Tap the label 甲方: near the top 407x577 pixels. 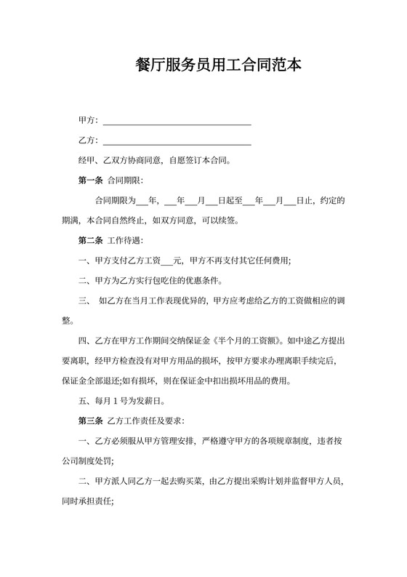(88, 121)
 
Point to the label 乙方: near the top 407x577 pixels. (88, 140)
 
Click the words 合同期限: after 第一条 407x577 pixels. (125, 180)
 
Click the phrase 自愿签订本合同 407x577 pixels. (196, 160)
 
